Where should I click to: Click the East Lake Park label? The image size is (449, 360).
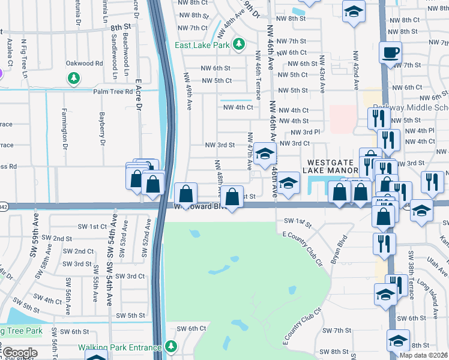203,45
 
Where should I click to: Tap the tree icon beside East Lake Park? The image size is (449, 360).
239,44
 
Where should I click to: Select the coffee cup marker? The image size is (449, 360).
390,52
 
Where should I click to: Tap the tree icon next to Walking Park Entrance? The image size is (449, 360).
172,346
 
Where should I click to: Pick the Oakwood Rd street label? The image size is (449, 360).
84,63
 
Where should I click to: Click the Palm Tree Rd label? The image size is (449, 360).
112,92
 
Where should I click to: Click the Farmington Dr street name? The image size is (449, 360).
65,128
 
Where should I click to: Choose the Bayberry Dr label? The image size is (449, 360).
102,130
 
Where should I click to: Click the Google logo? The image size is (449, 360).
19,352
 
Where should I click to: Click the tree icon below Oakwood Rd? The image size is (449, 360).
74,78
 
